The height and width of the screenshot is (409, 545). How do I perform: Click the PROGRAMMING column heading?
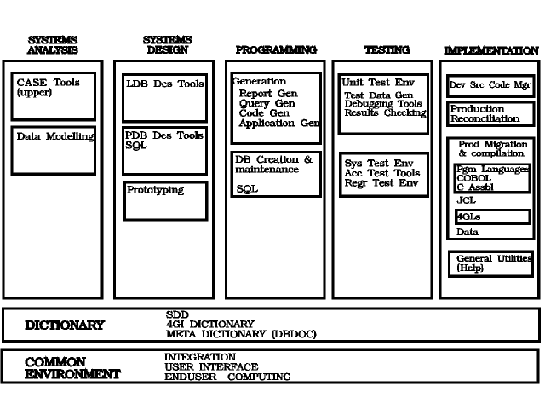[x=276, y=49]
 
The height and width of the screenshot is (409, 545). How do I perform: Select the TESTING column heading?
[x=387, y=49]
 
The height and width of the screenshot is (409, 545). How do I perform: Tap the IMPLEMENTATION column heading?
[x=491, y=50]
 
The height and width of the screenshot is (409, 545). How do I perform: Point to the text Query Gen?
[x=267, y=103]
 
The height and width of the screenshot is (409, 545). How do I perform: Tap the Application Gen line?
[x=279, y=123]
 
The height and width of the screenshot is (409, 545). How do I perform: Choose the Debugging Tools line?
[x=383, y=104]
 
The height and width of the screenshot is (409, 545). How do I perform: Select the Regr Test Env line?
[x=381, y=183]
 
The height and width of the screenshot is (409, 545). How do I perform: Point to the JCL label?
[x=466, y=200]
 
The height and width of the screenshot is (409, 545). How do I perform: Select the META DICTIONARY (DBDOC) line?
[x=241, y=334]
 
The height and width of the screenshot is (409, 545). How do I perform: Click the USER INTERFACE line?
[x=211, y=367]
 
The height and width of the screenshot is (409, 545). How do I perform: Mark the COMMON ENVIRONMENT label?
[x=72, y=368]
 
